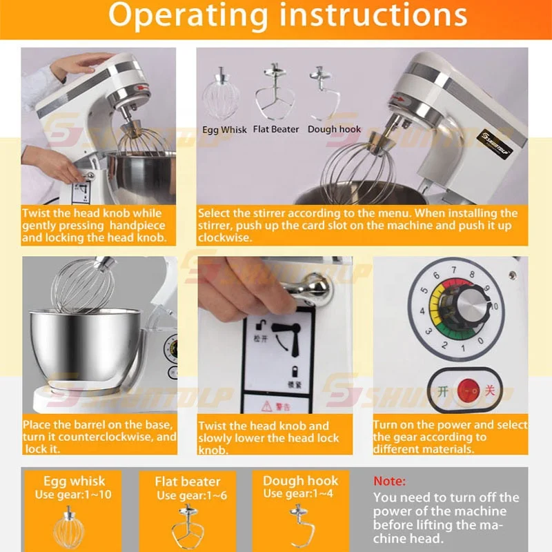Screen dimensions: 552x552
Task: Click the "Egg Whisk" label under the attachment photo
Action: pyautogui.click(x=224, y=129)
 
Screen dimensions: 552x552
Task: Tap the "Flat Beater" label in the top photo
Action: pyautogui.click(x=276, y=129)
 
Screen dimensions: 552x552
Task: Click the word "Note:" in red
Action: pyautogui.click(x=390, y=481)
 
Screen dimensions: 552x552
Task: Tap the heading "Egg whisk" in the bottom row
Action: pyautogui.click(x=74, y=481)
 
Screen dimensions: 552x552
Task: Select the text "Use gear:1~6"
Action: pyautogui.click(x=187, y=495)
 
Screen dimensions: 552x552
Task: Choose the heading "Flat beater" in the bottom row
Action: pyautogui.click(x=187, y=482)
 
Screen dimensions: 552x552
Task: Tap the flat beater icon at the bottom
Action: pyautogui.click(x=187, y=524)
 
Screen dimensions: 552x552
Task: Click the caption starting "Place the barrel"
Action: pyautogui.click(x=99, y=437)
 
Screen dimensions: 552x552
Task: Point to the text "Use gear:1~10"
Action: pyautogui.click(x=74, y=495)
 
